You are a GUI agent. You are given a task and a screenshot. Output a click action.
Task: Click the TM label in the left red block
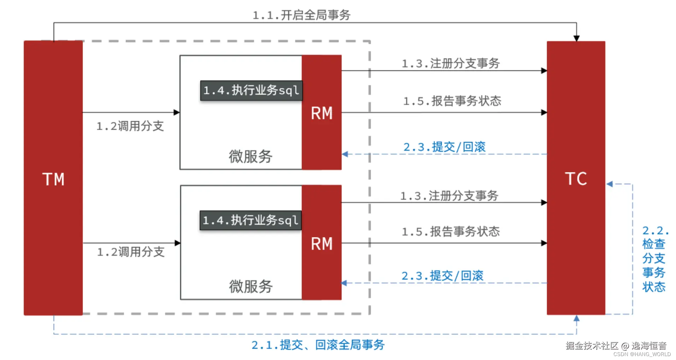pyautogui.click(x=53, y=179)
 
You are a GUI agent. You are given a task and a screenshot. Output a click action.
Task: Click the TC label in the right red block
pyautogui.click(x=576, y=179)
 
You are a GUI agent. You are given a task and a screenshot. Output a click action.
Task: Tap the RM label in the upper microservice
pyautogui.click(x=322, y=113)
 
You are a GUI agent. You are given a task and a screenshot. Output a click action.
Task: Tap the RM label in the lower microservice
pyautogui.click(x=322, y=244)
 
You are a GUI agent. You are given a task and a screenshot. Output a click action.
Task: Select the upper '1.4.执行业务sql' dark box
pyautogui.click(x=251, y=90)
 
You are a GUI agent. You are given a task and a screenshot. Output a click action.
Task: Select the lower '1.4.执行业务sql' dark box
pyautogui.click(x=251, y=220)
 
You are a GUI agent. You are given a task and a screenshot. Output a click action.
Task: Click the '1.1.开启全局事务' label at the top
pyautogui.click(x=301, y=15)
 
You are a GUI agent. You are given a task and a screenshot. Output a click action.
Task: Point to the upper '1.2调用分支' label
pyautogui.click(x=130, y=126)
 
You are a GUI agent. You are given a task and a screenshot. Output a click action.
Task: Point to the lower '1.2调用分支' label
pyautogui.click(x=131, y=252)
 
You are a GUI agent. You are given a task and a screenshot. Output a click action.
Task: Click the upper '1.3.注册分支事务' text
pyautogui.click(x=451, y=64)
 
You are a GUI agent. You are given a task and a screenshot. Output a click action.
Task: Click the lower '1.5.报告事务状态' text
pyautogui.click(x=451, y=232)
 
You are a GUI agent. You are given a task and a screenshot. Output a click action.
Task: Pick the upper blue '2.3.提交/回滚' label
pyautogui.click(x=444, y=147)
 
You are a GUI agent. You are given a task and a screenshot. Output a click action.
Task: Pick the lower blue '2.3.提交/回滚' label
pyautogui.click(x=442, y=276)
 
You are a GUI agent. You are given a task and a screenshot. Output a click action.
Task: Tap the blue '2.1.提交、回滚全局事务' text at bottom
pyautogui.click(x=318, y=345)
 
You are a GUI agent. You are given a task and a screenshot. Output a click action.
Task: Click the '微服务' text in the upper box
pyautogui.click(x=250, y=157)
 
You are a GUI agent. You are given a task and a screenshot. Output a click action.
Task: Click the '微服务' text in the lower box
pyautogui.click(x=251, y=287)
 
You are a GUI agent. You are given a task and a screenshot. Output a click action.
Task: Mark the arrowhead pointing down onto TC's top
pyautogui.click(x=576, y=38)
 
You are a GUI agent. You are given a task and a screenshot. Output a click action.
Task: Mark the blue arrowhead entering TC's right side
pyautogui.click(x=610, y=184)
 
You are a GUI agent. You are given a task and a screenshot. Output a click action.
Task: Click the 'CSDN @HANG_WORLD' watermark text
pyautogui.click(x=642, y=354)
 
